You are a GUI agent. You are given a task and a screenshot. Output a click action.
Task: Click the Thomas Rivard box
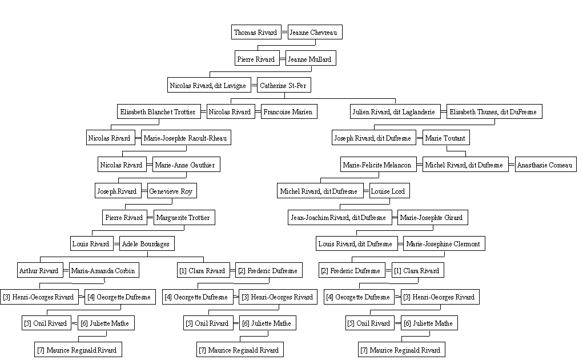[x=255, y=33]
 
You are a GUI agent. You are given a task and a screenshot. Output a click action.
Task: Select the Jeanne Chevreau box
[x=315, y=33]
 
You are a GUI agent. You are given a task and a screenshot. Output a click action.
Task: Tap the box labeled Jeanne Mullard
[x=311, y=58]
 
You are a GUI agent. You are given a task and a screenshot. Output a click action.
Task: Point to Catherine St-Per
[x=284, y=85]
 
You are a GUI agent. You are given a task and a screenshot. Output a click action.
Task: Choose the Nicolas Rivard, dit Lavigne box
[x=208, y=85]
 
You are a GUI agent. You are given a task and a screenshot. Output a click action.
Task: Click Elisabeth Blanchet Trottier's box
[x=159, y=111]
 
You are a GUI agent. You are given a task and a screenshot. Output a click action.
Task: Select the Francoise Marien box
[x=289, y=111]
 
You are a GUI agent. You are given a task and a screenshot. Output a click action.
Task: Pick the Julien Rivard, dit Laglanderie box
[x=395, y=111]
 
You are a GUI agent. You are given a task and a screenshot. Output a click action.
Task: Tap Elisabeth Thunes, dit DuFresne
[x=494, y=111]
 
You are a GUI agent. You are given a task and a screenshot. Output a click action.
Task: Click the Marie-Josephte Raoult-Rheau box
[x=186, y=138]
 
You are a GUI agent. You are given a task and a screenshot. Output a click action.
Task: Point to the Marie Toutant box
[x=446, y=138]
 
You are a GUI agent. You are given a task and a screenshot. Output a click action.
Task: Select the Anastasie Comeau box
[x=546, y=165]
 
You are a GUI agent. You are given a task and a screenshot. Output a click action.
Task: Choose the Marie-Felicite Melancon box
[x=378, y=165]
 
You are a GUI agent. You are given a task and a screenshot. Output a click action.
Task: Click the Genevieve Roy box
[x=172, y=191]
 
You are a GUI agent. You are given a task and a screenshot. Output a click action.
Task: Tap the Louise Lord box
[x=389, y=191]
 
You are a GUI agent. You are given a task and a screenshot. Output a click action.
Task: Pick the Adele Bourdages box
[x=147, y=243]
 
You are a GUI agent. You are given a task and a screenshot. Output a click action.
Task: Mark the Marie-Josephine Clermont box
[x=444, y=243]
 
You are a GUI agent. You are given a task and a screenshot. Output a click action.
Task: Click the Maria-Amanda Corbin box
[x=104, y=270]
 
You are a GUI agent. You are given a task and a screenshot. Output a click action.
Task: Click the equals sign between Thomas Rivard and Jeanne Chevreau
[x=284, y=33]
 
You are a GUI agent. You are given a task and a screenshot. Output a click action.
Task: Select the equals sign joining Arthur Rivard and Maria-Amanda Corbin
[x=66, y=270]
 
